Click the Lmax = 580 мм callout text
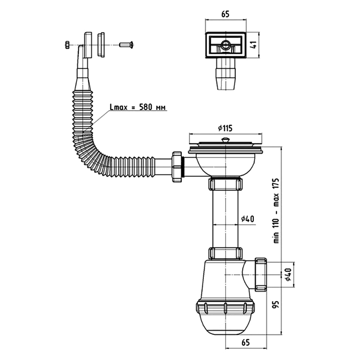click(138, 107)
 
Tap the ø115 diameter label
click(225, 128)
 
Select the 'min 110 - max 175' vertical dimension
click(276, 210)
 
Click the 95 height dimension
click(276, 305)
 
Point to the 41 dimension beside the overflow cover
click(254, 45)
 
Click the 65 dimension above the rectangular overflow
click(225, 14)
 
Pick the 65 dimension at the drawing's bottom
click(245, 342)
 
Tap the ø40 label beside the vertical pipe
click(247, 219)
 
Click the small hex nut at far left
click(67, 45)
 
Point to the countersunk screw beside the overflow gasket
click(126, 45)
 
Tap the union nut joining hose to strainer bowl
click(176, 167)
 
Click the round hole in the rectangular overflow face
click(225, 44)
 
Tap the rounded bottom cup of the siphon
click(225, 324)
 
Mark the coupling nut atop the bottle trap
click(225, 253)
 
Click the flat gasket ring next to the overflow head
click(101, 45)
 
